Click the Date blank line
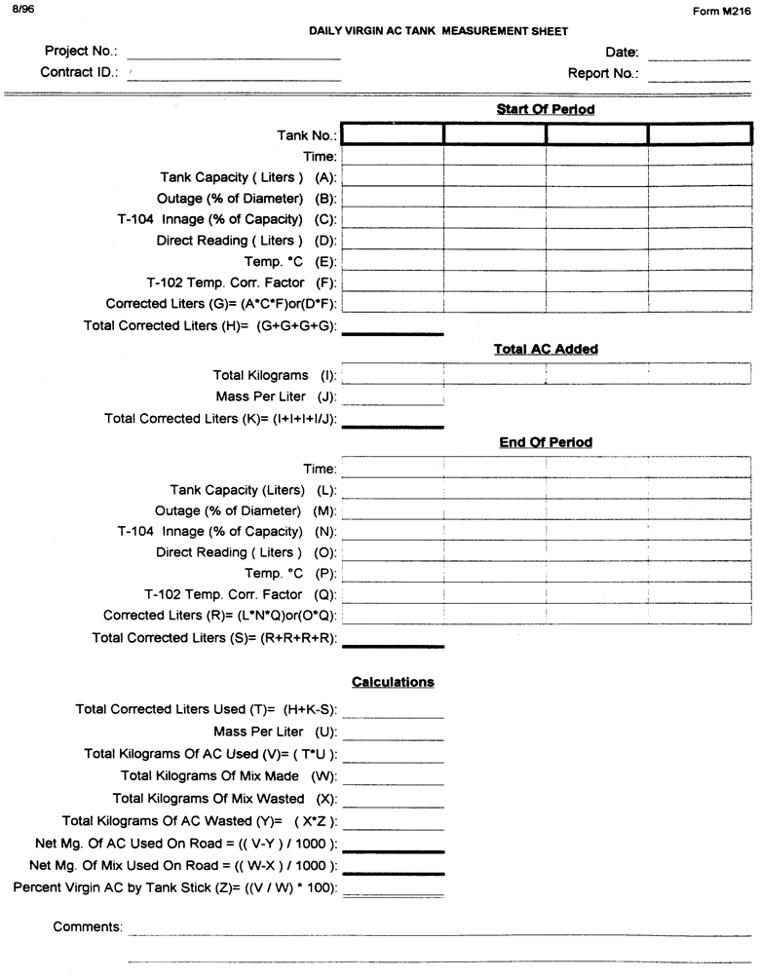pos(698,57)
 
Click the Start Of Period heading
pos(546,109)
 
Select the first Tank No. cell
pos(393,134)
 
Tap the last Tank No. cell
pos(700,134)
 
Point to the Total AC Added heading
pos(546,349)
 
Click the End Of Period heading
pos(546,442)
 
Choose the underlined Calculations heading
pos(393,682)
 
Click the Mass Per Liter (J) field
pos(393,398)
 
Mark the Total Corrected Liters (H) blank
pos(393,328)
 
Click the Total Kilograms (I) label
pos(274,375)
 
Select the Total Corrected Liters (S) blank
pos(393,641)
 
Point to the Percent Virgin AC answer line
pos(393,890)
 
